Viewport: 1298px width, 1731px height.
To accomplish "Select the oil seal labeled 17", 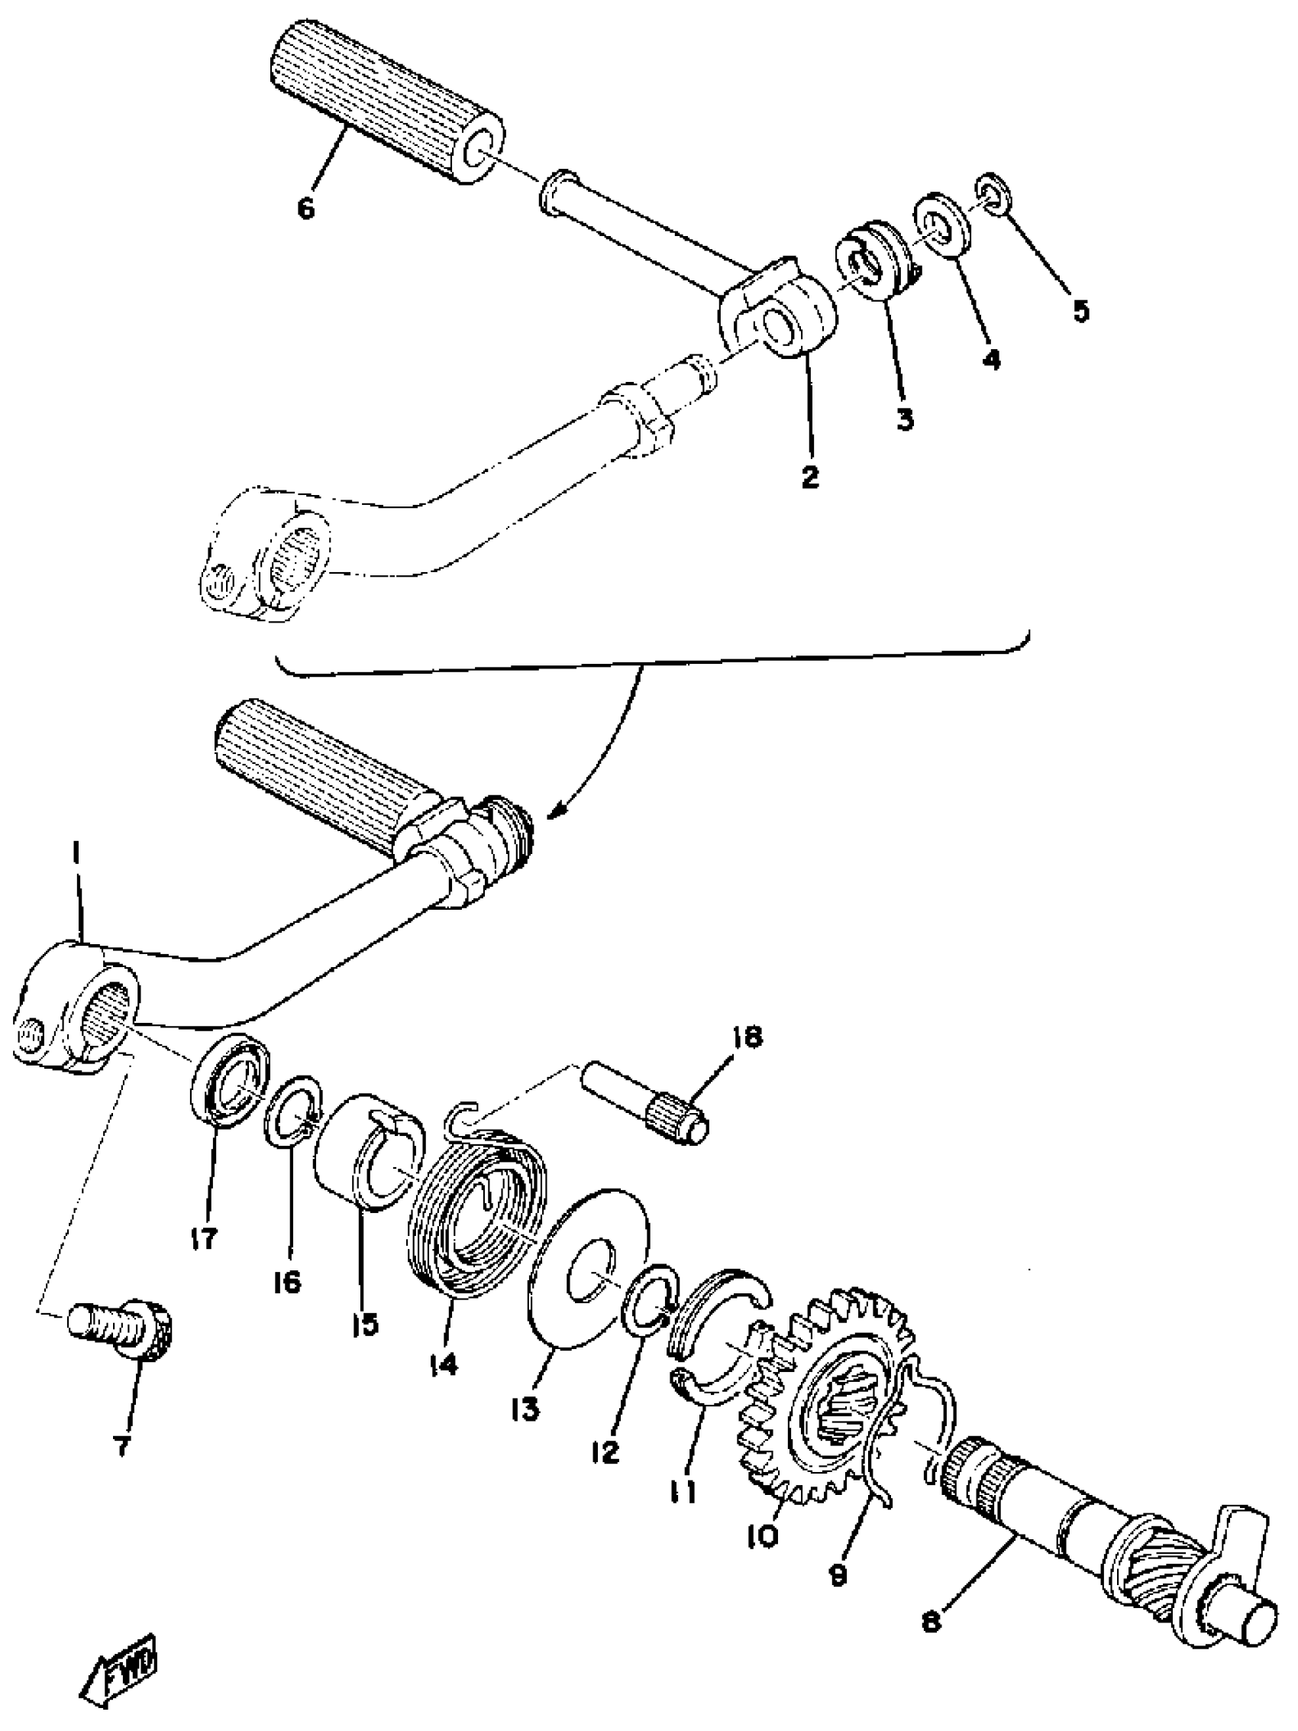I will click(x=231, y=1080).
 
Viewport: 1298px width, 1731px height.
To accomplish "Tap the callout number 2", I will click(x=810, y=477).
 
